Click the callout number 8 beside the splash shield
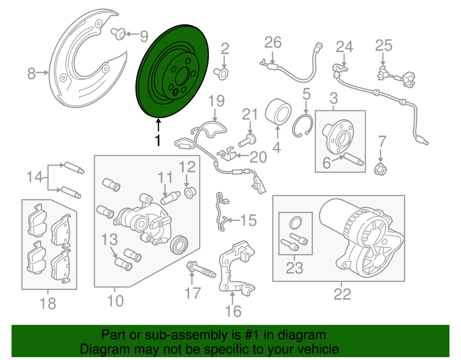coord(32,74)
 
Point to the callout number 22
coord(342,293)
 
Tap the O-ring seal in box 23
coord(296,222)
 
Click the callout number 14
coord(34,177)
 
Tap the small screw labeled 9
coord(118,33)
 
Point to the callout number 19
coord(217,101)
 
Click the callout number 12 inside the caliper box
coord(188,167)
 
